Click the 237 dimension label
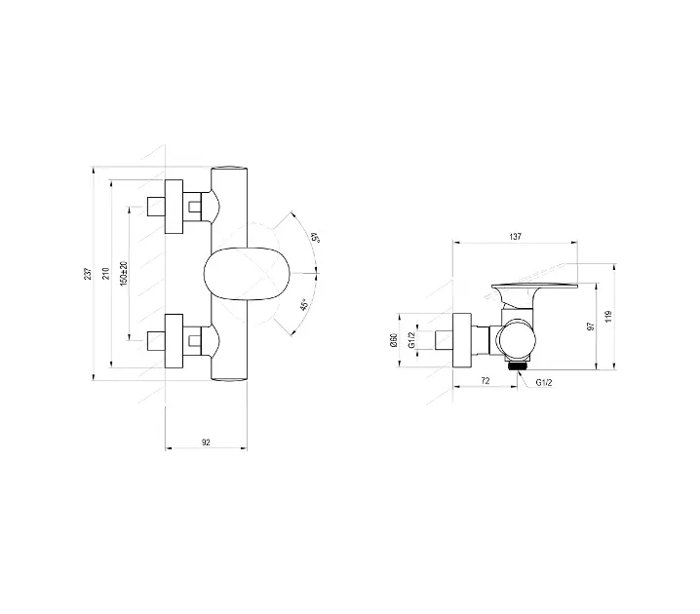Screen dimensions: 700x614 tap(89, 274)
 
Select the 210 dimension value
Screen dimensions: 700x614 tap(106, 274)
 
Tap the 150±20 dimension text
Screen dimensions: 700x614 tap(124, 273)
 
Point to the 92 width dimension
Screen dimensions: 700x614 tap(206, 442)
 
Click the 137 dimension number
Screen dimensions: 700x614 tap(515, 237)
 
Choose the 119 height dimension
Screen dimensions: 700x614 tap(609, 317)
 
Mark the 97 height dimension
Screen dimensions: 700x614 tap(591, 326)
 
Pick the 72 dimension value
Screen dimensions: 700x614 tap(486, 381)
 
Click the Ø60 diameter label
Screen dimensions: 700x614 tap(394, 340)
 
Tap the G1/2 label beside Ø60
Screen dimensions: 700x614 tap(411, 340)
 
